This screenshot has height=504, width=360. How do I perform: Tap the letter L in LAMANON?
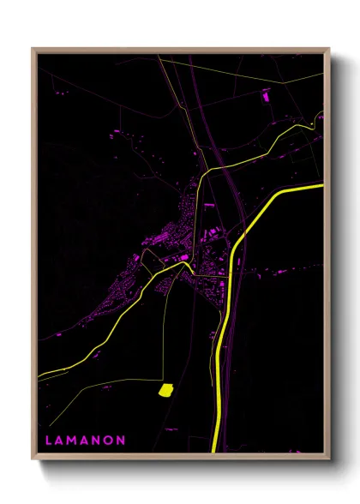click(x=48, y=441)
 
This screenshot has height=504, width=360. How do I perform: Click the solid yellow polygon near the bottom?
click(x=165, y=391)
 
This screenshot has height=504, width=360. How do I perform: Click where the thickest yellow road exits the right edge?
click(x=324, y=186)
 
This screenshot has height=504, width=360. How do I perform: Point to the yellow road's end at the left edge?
click(x=39, y=375)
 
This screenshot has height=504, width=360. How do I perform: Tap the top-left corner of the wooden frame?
click(x=33, y=49)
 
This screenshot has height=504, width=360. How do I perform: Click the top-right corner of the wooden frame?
click(x=330, y=49)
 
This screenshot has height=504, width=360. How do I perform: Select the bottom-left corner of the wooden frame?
click(x=33, y=459)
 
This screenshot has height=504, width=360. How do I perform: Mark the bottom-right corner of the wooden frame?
click(x=330, y=459)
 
